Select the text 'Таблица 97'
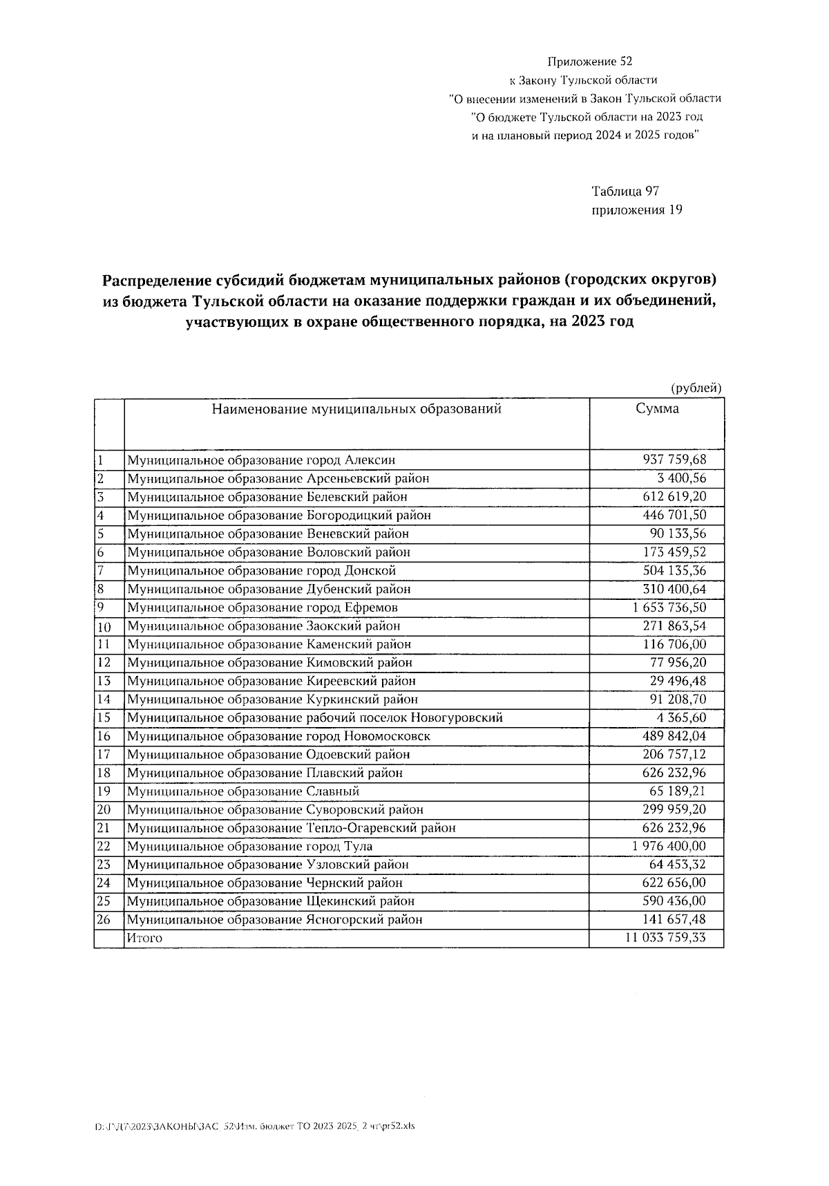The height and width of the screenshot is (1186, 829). click(629, 191)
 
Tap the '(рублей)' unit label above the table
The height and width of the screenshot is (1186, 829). click(696, 388)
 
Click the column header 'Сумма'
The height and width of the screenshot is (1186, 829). click(657, 408)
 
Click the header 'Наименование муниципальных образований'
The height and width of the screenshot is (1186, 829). click(356, 408)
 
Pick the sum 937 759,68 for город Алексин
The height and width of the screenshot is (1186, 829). click(674, 460)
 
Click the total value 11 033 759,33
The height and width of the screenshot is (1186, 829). click(665, 938)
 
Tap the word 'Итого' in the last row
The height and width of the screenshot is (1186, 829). click(144, 938)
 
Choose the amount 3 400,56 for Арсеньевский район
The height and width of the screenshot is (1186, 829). click(681, 478)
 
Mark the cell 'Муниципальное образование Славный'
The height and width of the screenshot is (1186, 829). click(242, 791)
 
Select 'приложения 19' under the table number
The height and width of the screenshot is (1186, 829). click(637, 210)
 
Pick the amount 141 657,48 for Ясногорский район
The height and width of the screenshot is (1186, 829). click(674, 920)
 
